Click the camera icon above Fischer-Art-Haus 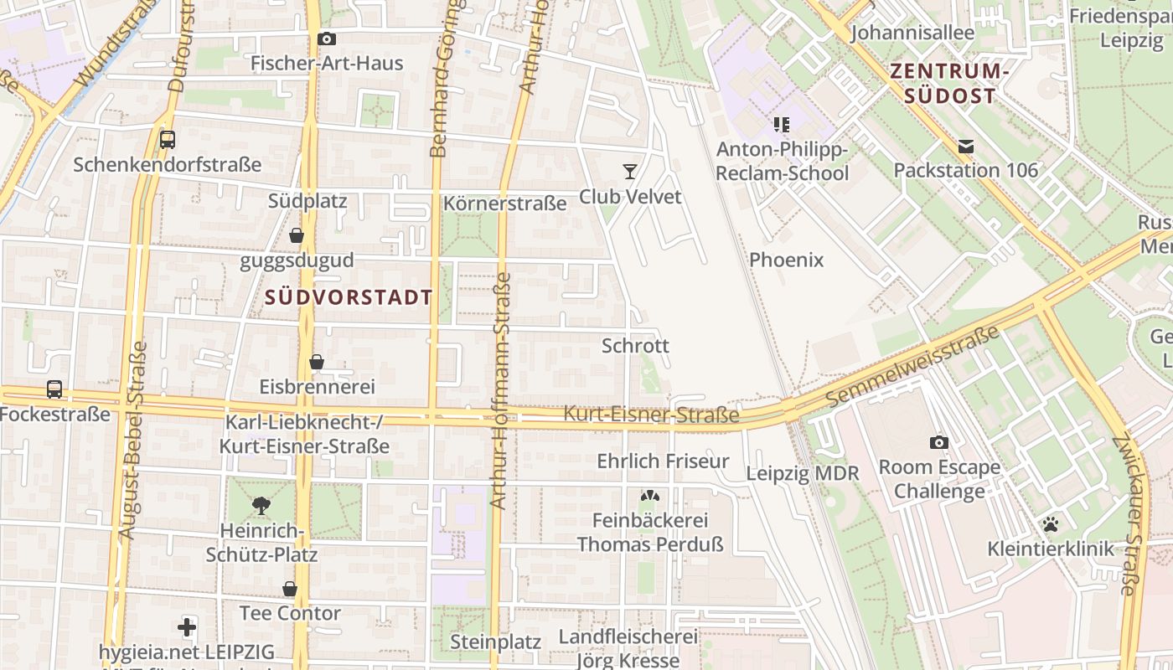click(x=327, y=39)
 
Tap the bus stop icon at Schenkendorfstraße click(x=168, y=140)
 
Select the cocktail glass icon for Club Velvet click(x=630, y=172)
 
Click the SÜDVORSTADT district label click(x=349, y=297)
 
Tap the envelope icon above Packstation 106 click(x=965, y=147)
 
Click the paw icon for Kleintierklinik click(x=1050, y=525)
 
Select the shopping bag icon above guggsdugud click(x=297, y=235)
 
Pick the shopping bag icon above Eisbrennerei click(x=317, y=362)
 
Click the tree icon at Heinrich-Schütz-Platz click(x=261, y=505)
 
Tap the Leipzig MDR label click(x=803, y=473)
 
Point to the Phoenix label click(x=786, y=260)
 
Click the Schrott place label click(x=635, y=345)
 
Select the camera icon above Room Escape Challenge click(x=938, y=442)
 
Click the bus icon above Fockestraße click(x=54, y=389)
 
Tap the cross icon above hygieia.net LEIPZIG click(x=187, y=626)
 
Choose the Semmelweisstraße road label click(x=913, y=367)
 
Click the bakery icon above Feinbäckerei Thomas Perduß click(x=649, y=496)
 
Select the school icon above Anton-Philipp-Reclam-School click(x=782, y=125)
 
